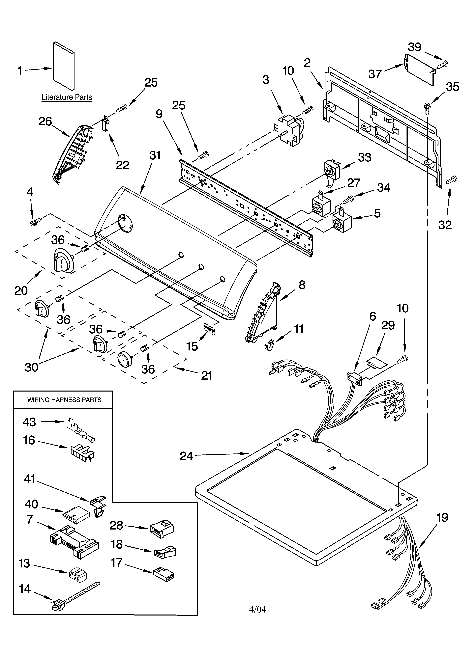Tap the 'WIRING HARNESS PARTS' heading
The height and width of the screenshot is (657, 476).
64,400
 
